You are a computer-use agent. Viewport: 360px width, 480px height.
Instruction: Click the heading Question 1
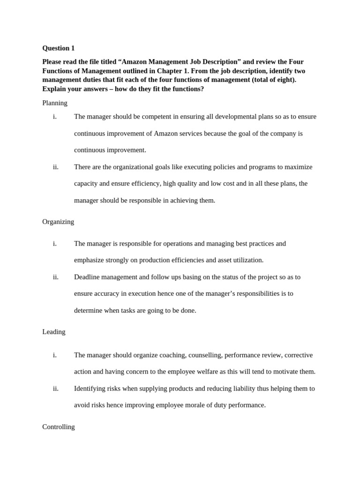tap(58, 48)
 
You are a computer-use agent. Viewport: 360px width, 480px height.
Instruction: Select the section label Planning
tap(55, 103)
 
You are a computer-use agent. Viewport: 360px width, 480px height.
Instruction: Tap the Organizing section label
tap(58, 222)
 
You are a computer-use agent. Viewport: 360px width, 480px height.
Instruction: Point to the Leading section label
tap(54, 332)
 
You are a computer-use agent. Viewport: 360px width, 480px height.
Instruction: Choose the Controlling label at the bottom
tap(59, 427)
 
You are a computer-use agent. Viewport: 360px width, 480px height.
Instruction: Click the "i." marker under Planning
tap(55, 117)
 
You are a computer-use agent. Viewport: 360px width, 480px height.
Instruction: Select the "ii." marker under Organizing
tap(55, 277)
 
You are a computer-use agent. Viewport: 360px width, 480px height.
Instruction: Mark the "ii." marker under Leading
tap(55, 389)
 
